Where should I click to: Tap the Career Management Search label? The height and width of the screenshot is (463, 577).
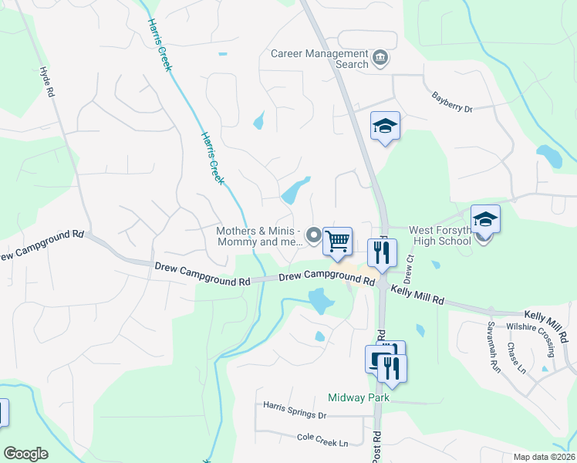coord(320,59)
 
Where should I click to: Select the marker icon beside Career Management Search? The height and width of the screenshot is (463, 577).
coord(380,59)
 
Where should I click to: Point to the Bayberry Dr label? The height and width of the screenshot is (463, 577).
coord(452,103)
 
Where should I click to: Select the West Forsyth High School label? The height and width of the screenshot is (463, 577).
coord(440,235)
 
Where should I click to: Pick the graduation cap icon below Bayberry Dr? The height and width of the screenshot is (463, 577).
coord(385,126)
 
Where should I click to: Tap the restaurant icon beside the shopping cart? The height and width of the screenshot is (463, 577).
coord(382,252)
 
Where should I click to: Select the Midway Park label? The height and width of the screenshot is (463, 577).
coord(359,398)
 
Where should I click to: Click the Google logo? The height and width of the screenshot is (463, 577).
coord(25,454)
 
